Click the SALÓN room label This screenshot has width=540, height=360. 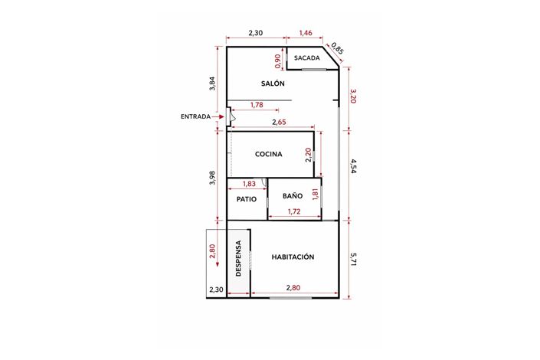tap(273, 83)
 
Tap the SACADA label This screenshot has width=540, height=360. tap(306, 57)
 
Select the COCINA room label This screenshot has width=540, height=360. tap(268, 154)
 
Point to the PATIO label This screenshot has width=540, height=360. tap(246, 199)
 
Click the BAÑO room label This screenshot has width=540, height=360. tap(292, 196)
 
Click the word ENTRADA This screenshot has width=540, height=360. tap(196, 116)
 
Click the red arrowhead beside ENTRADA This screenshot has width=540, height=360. tap(220, 116)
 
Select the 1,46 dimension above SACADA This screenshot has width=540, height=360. tap(305, 33)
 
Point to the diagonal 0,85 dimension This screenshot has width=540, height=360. tap(338, 51)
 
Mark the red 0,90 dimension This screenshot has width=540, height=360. tap(277, 61)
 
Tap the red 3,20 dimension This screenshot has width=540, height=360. tap(353, 97)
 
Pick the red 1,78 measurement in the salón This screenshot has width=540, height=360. tap(257, 105)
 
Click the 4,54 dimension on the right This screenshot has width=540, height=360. tap(353, 167)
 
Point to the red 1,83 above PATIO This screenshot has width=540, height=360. tap(249, 184)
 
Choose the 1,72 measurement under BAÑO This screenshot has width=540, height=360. tap(293, 211)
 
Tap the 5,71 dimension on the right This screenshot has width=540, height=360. tap(353, 260)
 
